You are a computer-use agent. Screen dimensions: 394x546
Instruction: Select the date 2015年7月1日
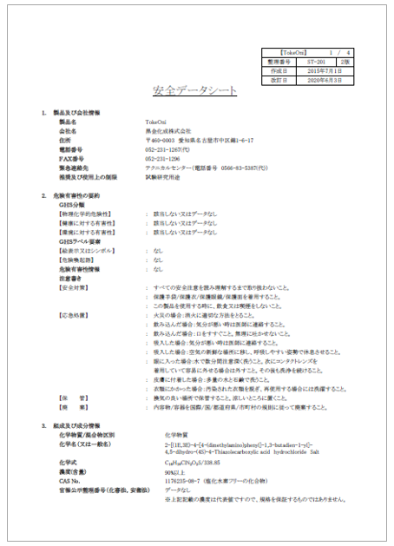coord(325,71)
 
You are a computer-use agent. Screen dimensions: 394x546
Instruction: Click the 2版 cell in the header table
coord(345,63)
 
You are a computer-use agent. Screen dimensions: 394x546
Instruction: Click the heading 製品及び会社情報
coord(81,114)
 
